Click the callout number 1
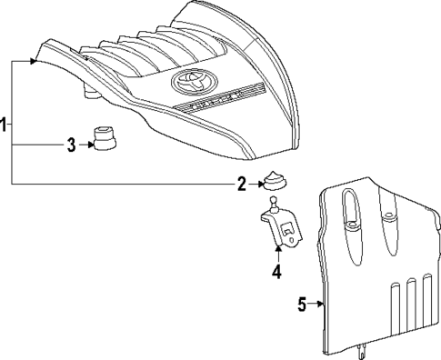coord(5,125)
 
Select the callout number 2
coord(242,185)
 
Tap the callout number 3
coord(70,144)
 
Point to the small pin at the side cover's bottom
coord(365,348)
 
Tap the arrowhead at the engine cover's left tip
coord(34,61)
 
